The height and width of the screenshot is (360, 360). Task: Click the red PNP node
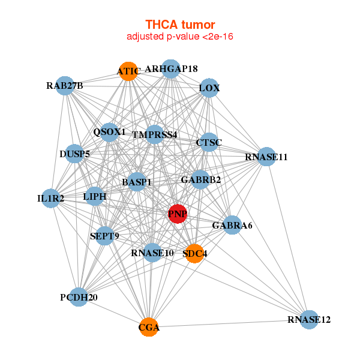pyautogui.click(x=177, y=214)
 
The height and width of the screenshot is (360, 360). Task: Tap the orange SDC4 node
pyautogui.click(x=194, y=253)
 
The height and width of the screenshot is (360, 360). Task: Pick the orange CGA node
pyautogui.click(x=149, y=327)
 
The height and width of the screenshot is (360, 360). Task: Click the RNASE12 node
pyautogui.click(x=308, y=320)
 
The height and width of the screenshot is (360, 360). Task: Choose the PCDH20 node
pyautogui.click(x=79, y=297)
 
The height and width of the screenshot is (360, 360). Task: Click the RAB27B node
pyautogui.click(x=65, y=86)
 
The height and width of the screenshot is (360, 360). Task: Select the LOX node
pyautogui.click(x=209, y=88)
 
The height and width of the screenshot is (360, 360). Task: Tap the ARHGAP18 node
pyautogui.click(x=171, y=68)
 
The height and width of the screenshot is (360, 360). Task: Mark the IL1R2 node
pyautogui.click(x=50, y=198)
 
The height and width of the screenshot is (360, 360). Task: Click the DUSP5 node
pyautogui.click(x=74, y=154)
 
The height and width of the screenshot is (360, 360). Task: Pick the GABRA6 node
pyautogui.click(x=232, y=226)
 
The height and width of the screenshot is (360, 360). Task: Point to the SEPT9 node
pyautogui.click(x=104, y=236)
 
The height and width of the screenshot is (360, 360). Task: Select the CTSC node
pyautogui.click(x=209, y=142)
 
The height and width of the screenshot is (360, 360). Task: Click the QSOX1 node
pyautogui.click(x=109, y=132)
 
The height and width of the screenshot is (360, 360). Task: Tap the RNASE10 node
pyautogui.click(x=152, y=253)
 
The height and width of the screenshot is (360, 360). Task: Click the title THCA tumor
pyautogui.click(x=180, y=25)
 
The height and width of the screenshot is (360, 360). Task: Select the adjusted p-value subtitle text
pyautogui.click(x=180, y=37)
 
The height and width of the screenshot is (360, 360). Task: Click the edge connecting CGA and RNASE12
pyautogui.click(x=229, y=323)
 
